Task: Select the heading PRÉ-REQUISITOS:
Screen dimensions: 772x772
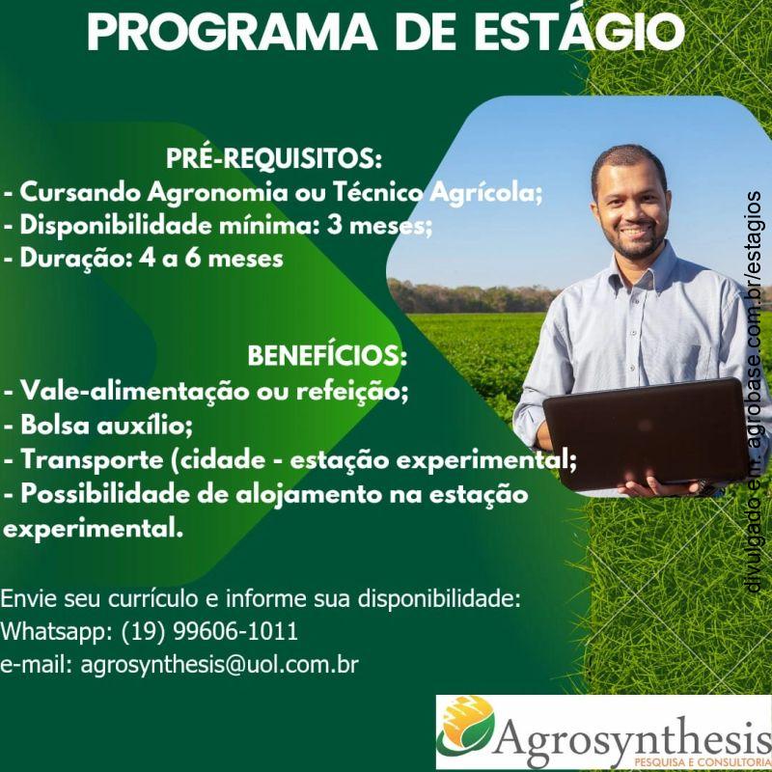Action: [x=275, y=157]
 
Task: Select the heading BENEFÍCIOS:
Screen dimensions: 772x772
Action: [x=328, y=357]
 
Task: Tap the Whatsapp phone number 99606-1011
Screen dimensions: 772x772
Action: [x=236, y=633]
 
